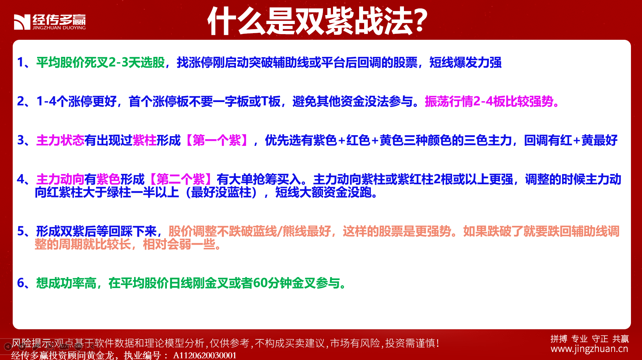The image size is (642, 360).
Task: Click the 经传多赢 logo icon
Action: click(22, 22)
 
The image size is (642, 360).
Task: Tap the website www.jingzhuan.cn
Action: click(589, 349)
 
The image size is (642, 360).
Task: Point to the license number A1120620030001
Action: click(205, 355)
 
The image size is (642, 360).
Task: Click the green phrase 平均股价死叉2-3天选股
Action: click(101, 63)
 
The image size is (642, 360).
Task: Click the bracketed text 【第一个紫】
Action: click(217, 140)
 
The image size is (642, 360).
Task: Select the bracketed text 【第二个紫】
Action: click(181, 179)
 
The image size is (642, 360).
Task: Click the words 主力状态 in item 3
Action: click(60, 140)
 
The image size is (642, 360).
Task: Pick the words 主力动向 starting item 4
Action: click(60, 179)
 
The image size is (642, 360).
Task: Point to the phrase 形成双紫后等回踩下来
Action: click(96, 231)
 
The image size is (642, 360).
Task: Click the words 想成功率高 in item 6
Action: click(66, 283)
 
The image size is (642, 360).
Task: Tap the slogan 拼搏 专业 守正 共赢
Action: click(590, 339)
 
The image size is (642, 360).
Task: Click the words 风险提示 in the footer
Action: click(31, 343)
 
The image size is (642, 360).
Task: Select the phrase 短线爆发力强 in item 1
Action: click(465, 63)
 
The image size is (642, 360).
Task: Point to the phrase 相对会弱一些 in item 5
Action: click(179, 244)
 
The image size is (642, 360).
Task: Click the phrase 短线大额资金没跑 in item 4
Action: click(323, 192)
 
